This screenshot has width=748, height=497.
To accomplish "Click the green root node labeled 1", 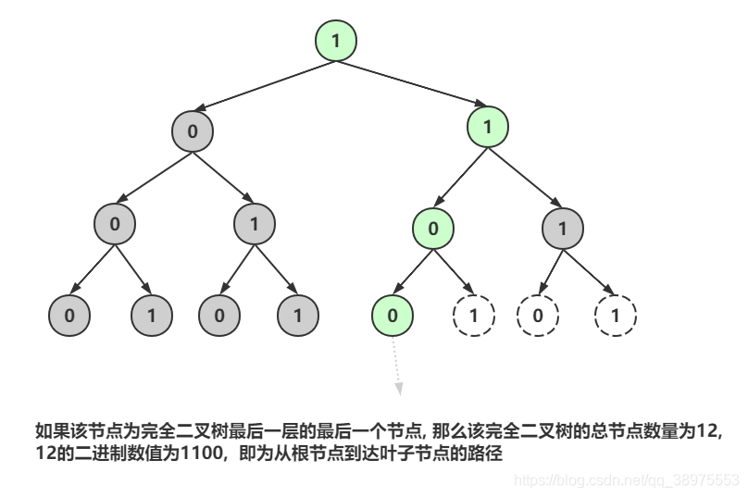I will pyautogui.click(x=335, y=40).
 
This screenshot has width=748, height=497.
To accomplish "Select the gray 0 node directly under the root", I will pyautogui.click(x=192, y=130).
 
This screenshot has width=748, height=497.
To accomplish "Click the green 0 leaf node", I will pyautogui.click(x=393, y=316).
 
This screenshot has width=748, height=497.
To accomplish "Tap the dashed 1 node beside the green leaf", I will pyautogui.click(x=473, y=316).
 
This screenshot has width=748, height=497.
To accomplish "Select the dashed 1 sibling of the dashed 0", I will pyautogui.click(x=615, y=316).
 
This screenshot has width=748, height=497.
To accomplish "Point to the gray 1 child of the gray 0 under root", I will pyautogui.click(x=256, y=223).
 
